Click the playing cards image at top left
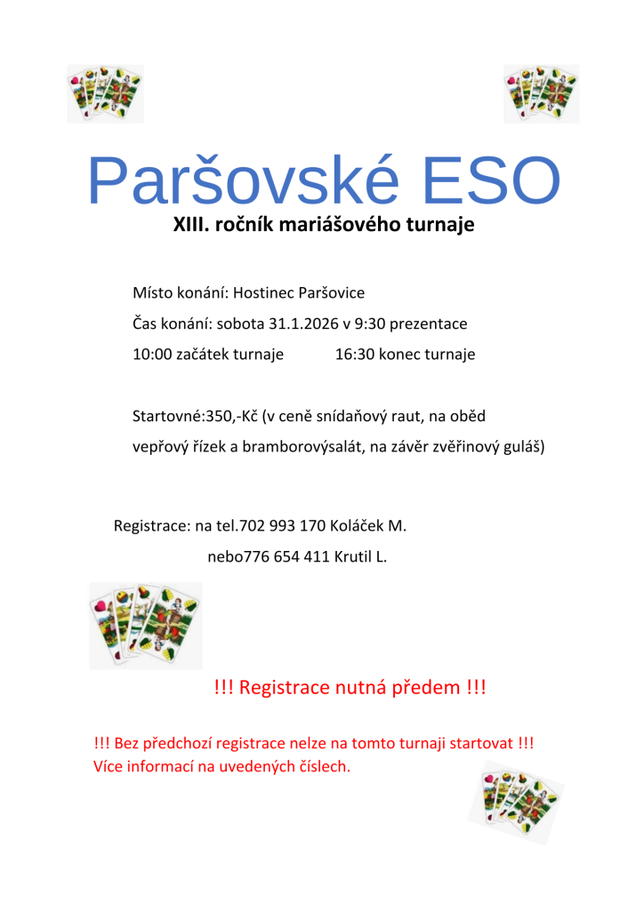(x=105, y=93)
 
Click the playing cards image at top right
(x=541, y=93)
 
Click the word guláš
(x=522, y=447)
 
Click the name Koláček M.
(x=368, y=526)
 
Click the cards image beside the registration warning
(x=145, y=625)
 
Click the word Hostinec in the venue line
(x=263, y=293)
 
